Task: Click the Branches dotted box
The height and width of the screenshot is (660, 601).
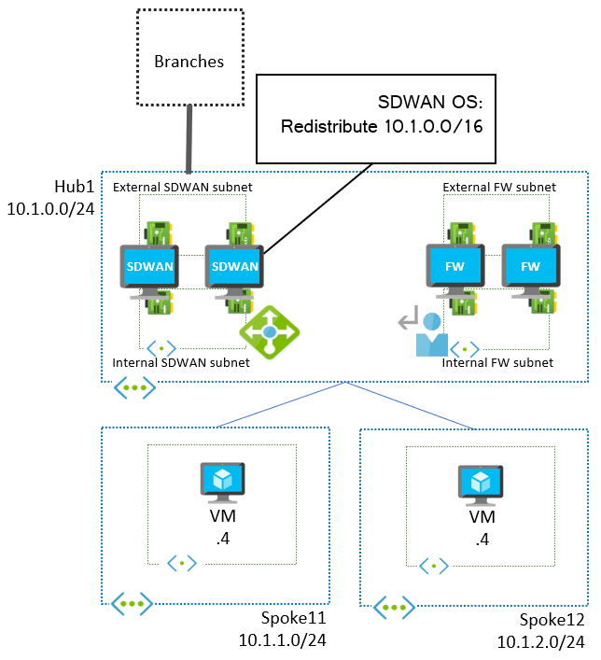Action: pyautogui.click(x=189, y=58)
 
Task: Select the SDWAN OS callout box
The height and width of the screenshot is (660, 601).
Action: pyautogui.click(x=375, y=114)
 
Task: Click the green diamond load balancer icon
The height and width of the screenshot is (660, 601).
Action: pyautogui.click(x=271, y=331)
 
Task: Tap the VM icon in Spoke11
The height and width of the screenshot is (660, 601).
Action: pyautogui.click(x=222, y=484)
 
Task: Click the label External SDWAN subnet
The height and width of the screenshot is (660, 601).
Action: pyautogui.click(x=182, y=188)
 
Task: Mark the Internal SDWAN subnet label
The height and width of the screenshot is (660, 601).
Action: pyautogui.click(x=181, y=362)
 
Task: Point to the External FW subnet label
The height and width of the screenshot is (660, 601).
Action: pyautogui.click(x=499, y=188)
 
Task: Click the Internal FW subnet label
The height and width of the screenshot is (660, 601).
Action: pyautogui.click(x=497, y=362)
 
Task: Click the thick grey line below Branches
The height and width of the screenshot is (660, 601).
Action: pyautogui.click(x=190, y=138)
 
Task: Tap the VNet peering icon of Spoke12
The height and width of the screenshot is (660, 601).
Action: pyautogui.click(x=394, y=609)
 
